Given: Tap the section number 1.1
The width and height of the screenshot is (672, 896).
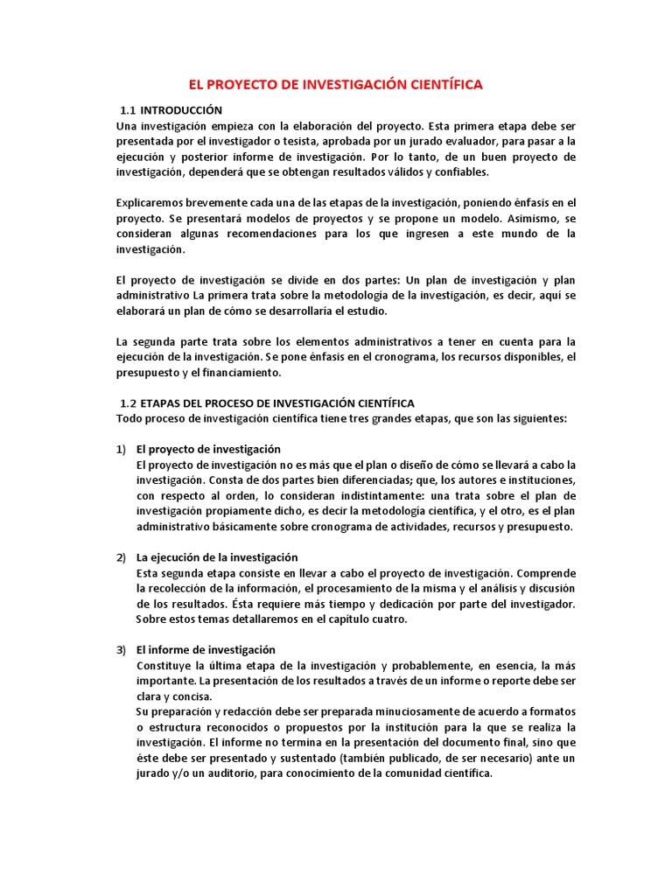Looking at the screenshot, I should [129, 110].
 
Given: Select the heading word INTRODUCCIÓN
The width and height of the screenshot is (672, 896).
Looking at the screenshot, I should [182, 110].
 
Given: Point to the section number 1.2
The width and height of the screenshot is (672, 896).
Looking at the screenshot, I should [129, 402].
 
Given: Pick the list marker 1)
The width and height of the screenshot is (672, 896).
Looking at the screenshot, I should [122, 449].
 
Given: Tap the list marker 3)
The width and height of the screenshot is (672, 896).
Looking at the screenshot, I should [122, 650].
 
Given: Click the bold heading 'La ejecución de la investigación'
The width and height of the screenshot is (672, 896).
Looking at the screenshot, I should [217, 557].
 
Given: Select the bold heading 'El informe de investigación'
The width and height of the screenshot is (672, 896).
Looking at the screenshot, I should [206, 650].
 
